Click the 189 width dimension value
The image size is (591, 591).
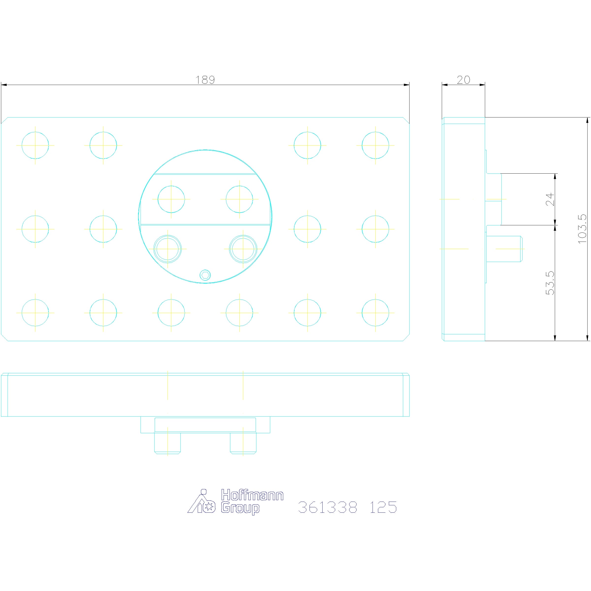pos(205,80)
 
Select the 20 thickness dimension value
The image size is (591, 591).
pos(463,80)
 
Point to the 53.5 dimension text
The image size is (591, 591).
pos(550,283)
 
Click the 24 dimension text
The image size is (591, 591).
pos(550,199)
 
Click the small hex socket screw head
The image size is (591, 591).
pos(205,275)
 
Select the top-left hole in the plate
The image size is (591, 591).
pos(35,145)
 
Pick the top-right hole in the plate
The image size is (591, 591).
pos(375,145)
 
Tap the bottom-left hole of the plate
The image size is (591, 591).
pos(35,313)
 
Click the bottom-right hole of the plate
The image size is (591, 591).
pos(375,313)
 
